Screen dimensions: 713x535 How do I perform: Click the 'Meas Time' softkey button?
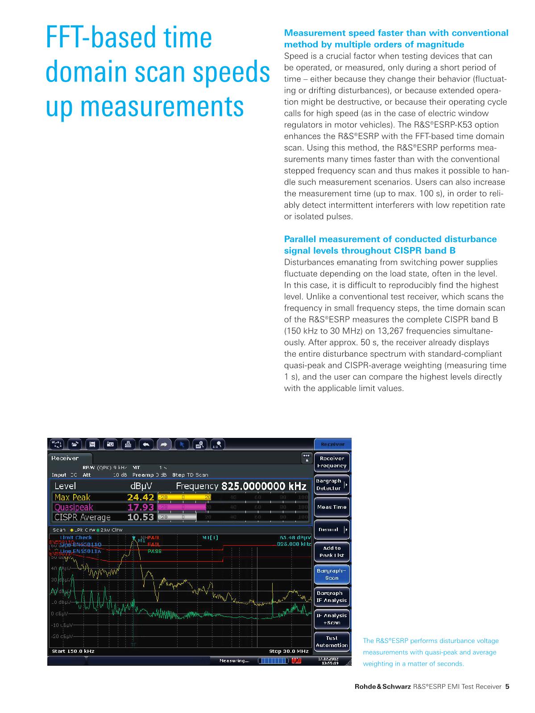coord(332,507)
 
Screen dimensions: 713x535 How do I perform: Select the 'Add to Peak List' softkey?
coord(332,552)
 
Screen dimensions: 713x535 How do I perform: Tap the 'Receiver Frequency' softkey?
coord(332,462)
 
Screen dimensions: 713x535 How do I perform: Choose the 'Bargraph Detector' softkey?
coord(329,485)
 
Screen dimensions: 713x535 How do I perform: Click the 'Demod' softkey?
coord(329,530)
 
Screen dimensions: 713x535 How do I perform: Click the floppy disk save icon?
coord(93,444)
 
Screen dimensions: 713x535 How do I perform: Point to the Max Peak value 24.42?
coord(141,497)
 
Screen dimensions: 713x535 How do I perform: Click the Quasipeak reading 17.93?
coord(141,507)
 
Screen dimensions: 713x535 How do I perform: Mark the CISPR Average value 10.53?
coord(141,517)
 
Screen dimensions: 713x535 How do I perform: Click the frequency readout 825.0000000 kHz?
coord(264,486)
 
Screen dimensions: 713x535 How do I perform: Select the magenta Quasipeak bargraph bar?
coord(182,507)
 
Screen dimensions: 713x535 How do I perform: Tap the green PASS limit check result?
coord(154,552)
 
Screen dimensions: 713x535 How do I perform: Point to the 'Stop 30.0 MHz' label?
coord(289,651)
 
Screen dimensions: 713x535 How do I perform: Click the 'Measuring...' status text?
coord(234,661)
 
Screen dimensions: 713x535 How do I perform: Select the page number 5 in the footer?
coord(507,687)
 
